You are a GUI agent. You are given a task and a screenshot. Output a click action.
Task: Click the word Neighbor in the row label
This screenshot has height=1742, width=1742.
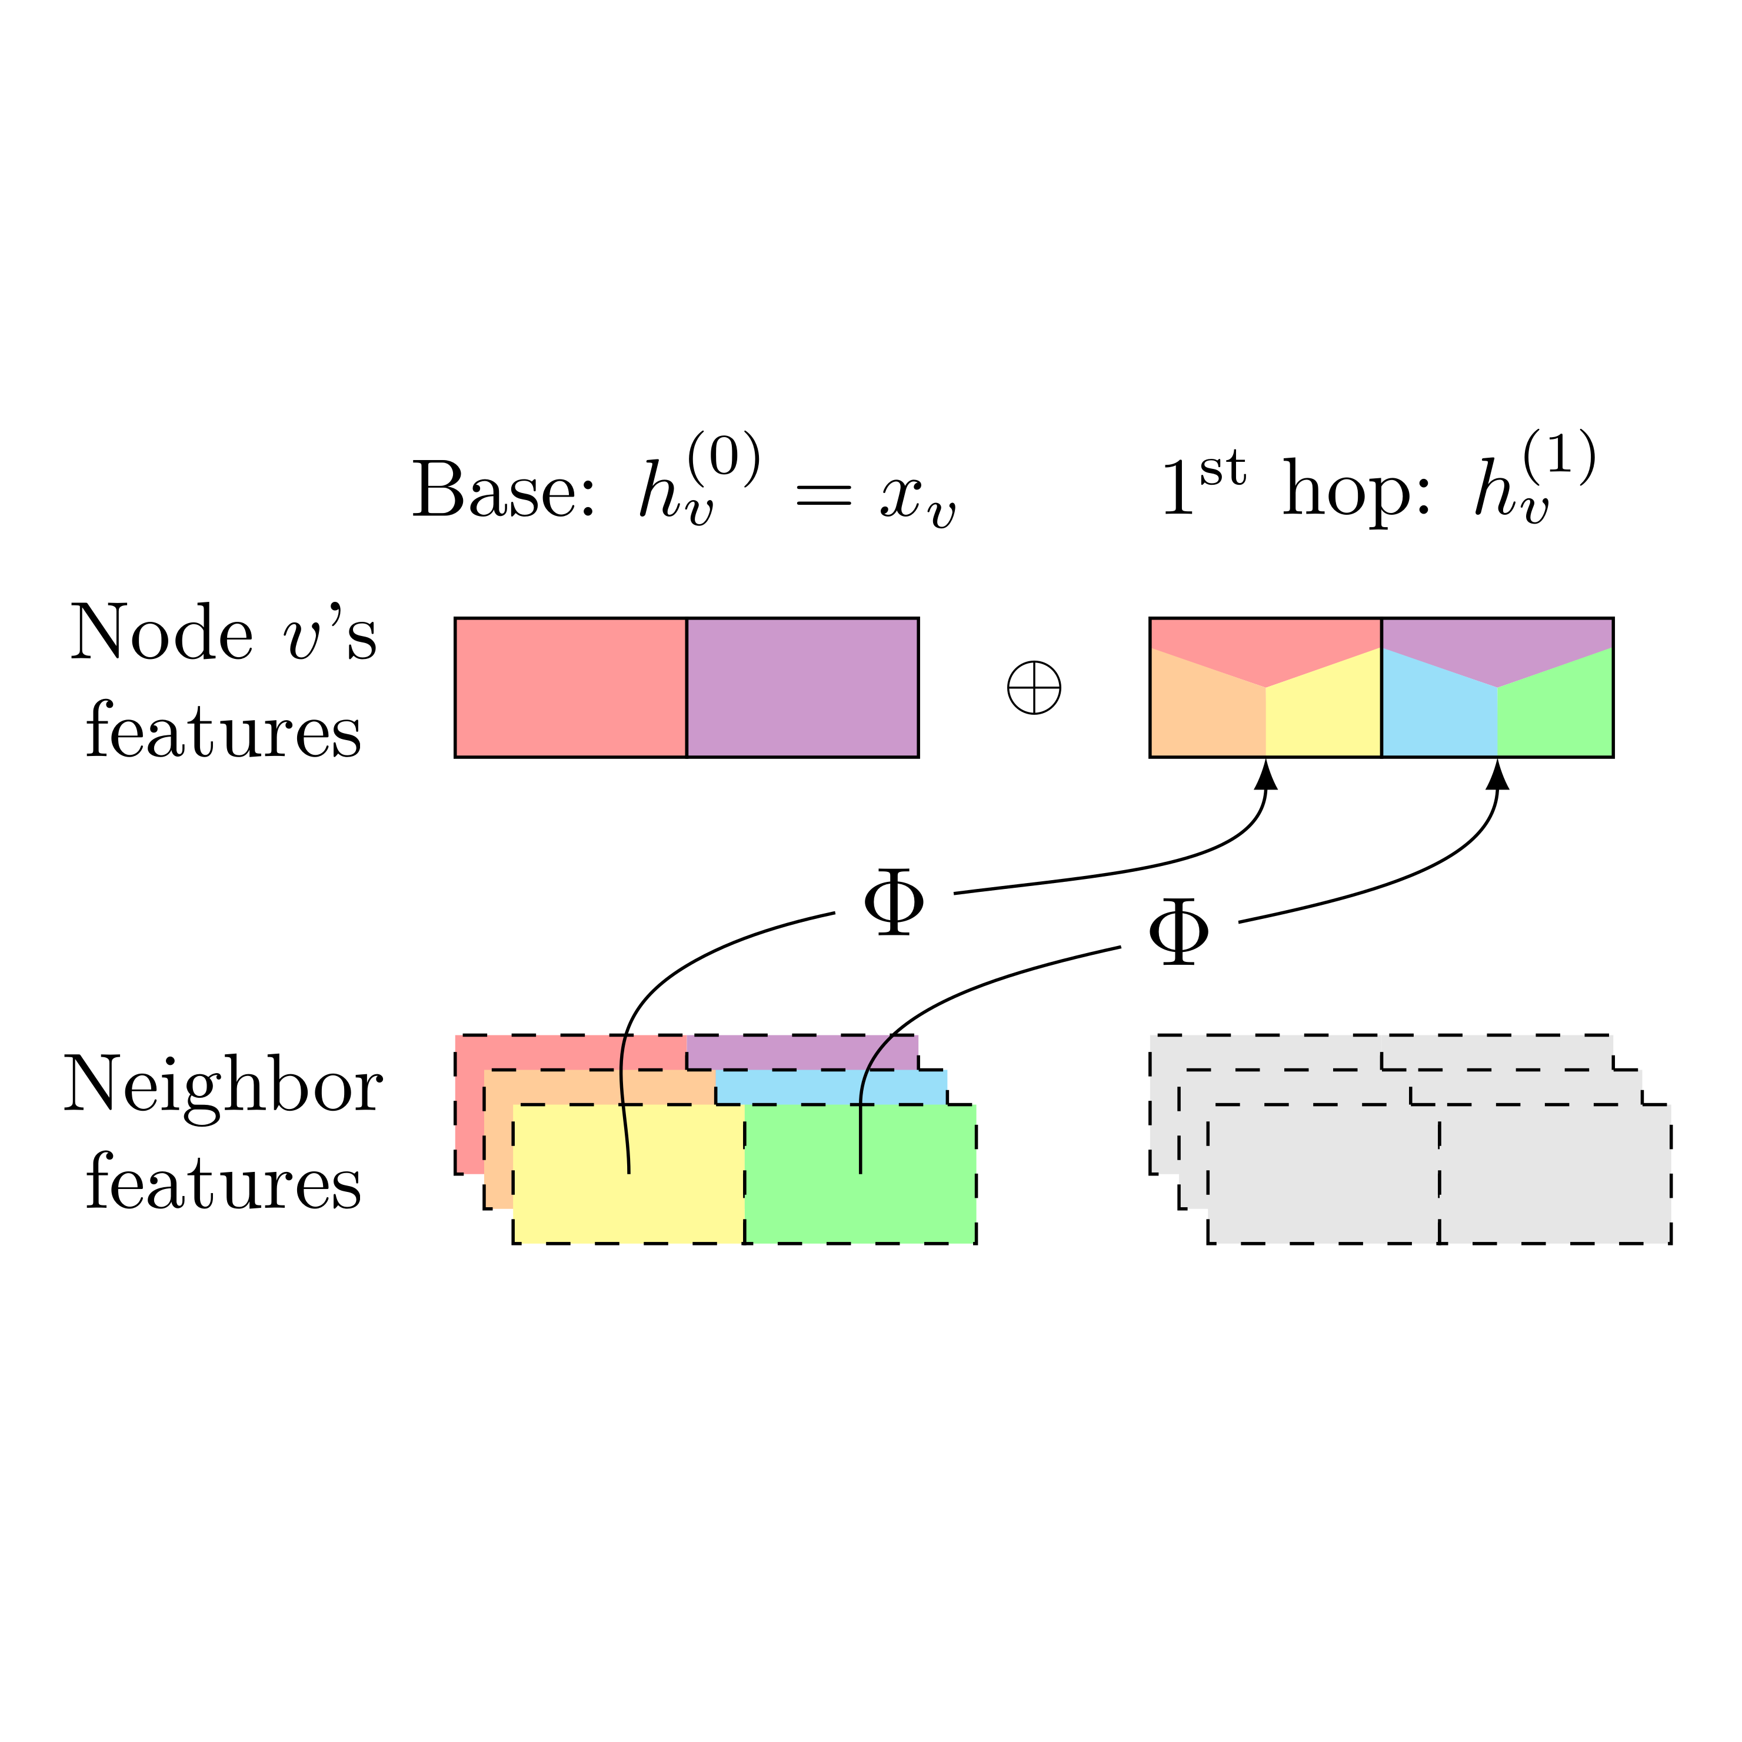tap(223, 1085)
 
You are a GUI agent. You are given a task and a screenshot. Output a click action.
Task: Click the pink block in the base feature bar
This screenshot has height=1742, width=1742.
tap(570, 687)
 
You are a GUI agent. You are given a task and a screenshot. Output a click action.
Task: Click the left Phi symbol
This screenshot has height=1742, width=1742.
tap(894, 904)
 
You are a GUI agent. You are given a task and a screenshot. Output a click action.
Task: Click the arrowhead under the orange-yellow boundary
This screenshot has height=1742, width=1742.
tap(1266, 775)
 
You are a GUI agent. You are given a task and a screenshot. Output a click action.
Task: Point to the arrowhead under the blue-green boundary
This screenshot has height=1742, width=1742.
tap(1498, 775)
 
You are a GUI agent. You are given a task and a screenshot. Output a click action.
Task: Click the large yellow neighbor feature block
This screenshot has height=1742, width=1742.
tap(577, 1199)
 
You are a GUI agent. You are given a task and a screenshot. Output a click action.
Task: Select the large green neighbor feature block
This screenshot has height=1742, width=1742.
tap(911, 1199)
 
